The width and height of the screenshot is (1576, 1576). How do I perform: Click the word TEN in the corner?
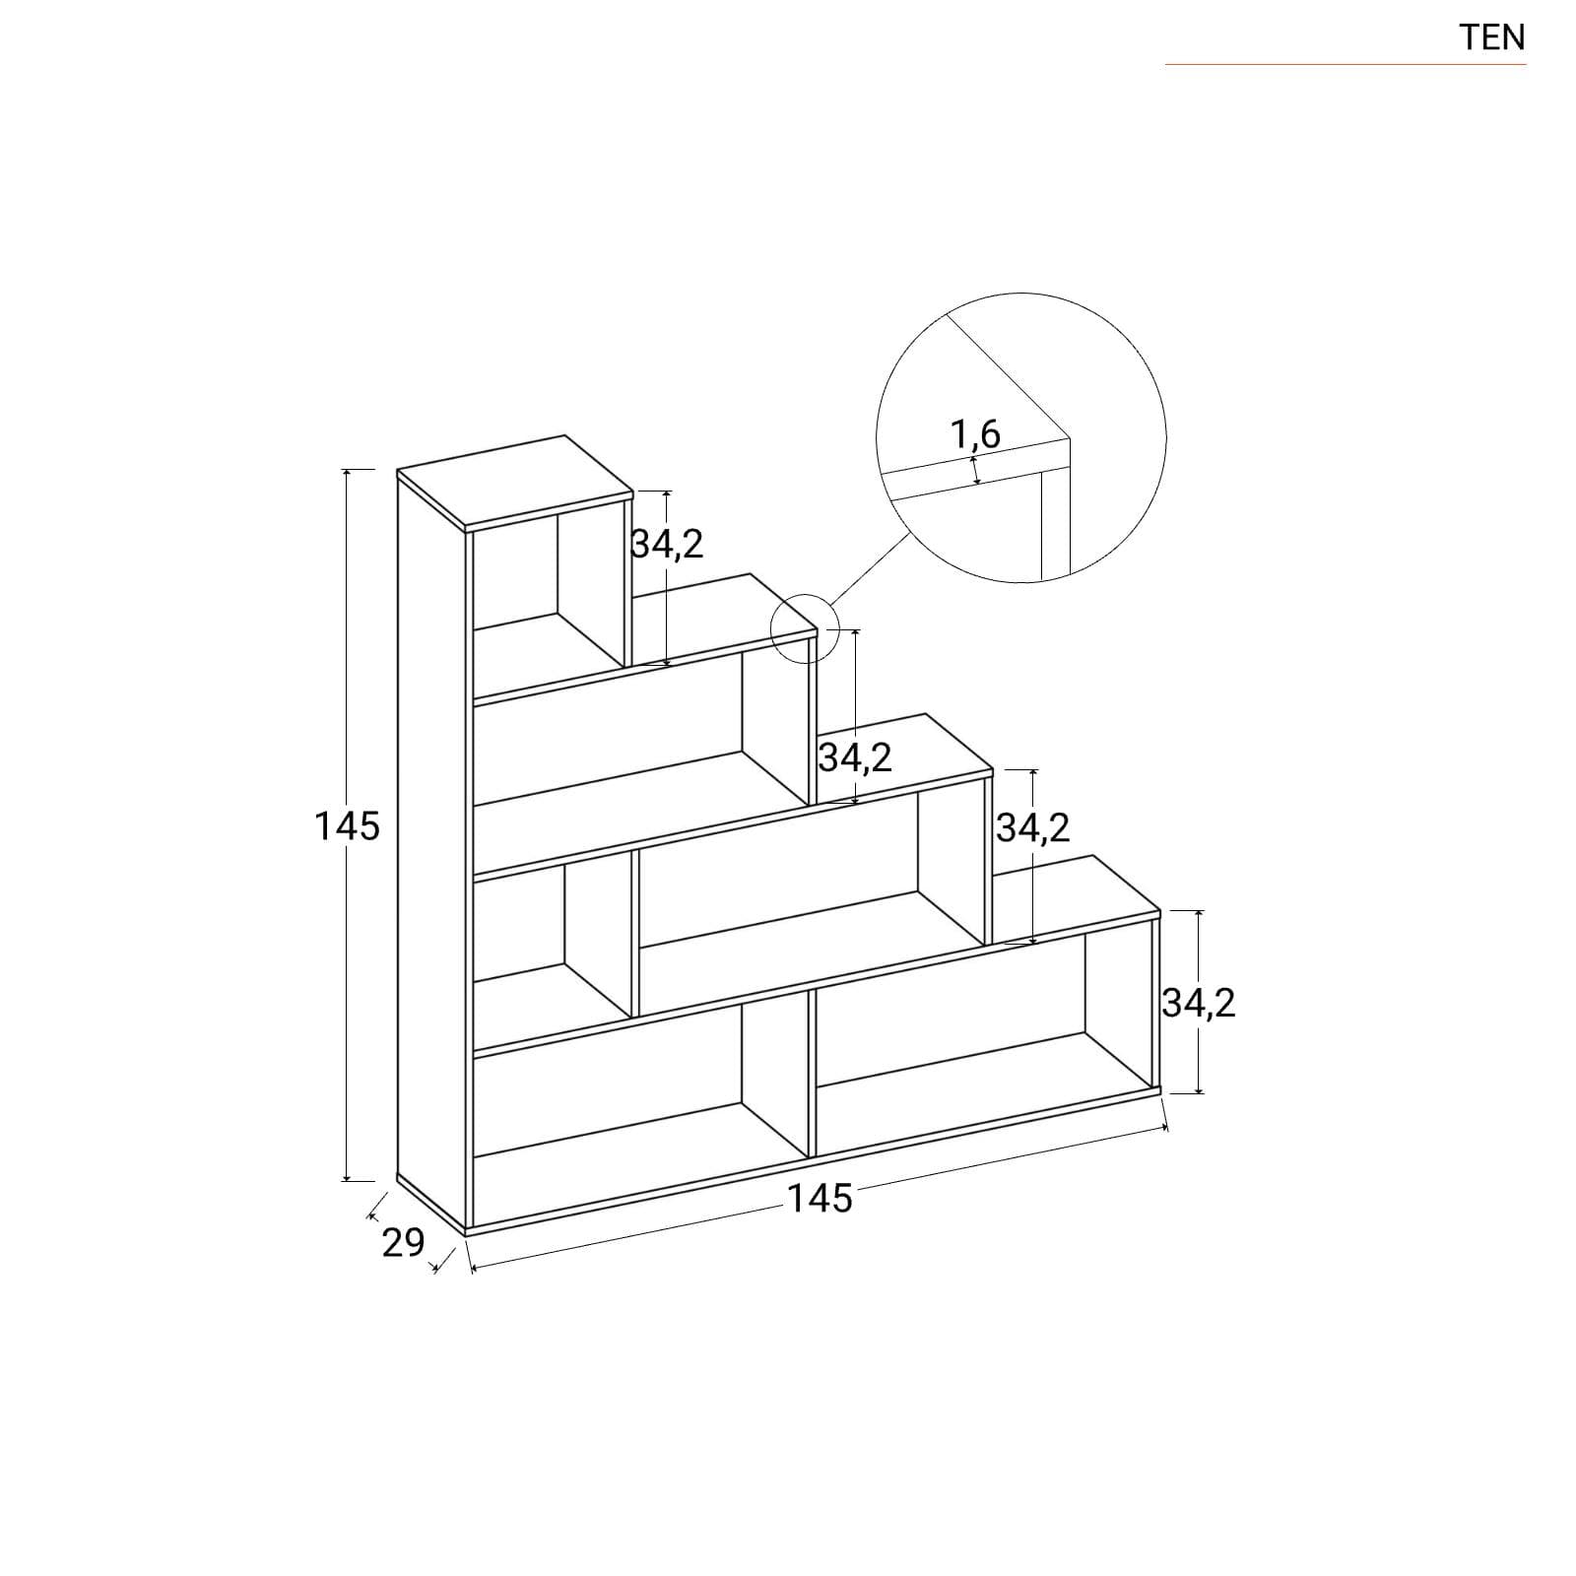click(1492, 37)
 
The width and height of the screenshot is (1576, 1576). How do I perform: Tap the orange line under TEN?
click(1346, 65)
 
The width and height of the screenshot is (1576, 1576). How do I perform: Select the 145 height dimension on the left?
click(347, 825)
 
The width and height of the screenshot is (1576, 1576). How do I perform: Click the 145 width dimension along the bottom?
click(820, 1198)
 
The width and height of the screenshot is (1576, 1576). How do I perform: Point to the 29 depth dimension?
click(403, 1243)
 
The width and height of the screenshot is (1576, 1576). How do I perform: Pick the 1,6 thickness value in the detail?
click(975, 433)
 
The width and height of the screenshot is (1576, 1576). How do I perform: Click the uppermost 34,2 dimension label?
click(668, 544)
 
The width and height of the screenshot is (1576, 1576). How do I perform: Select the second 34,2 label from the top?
click(855, 757)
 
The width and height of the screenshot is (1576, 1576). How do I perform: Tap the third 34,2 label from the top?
click(1033, 828)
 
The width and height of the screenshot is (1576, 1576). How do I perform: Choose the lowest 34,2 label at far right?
click(1199, 1003)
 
